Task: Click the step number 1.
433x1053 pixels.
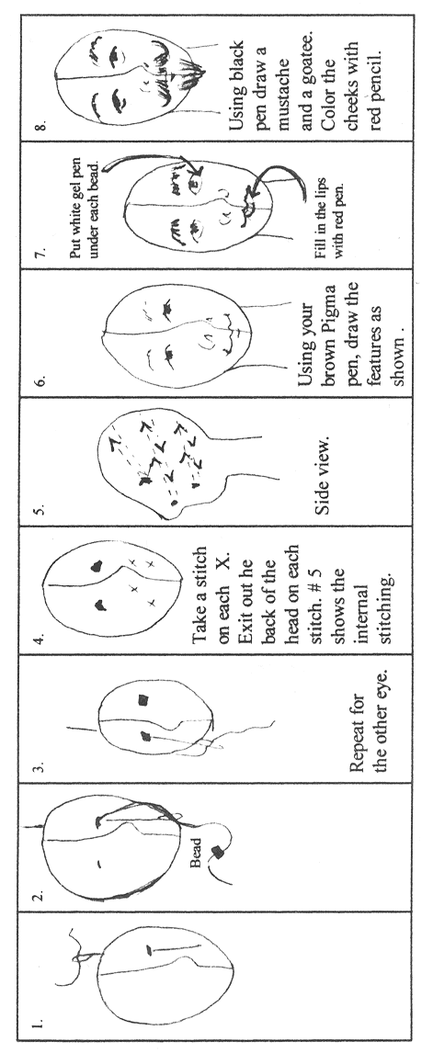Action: tap(40, 1024)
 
